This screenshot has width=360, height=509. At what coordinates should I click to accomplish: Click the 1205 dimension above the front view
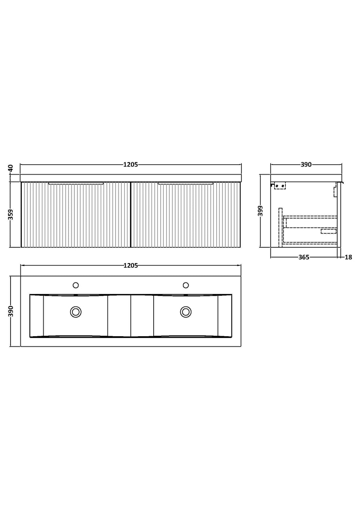coord(130,164)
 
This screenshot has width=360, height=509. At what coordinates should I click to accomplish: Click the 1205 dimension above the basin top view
coord(130,266)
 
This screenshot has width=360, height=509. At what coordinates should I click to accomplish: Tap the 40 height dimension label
coord(11,168)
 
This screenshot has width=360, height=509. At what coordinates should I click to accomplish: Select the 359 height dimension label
coord(11,215)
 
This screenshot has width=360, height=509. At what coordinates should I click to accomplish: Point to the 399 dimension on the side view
coord(261,211)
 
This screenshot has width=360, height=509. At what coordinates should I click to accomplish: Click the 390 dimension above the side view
coord(306,164)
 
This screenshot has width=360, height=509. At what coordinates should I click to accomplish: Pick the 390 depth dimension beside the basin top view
coord(11,311)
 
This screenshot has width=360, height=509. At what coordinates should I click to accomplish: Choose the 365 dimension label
coord(304,257)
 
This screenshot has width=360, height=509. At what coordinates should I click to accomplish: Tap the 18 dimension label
coord(348,257)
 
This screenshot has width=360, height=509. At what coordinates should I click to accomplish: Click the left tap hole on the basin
coord(76,285)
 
